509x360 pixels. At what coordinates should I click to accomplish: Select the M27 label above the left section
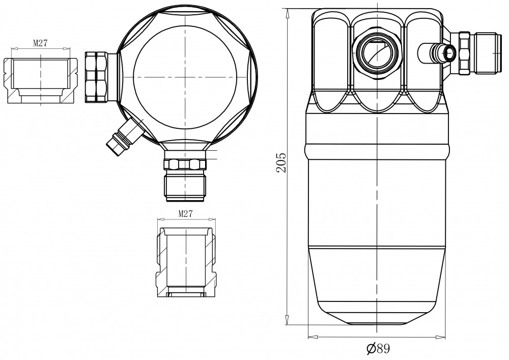point(40,43)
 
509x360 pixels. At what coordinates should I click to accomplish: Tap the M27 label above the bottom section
point(186,213)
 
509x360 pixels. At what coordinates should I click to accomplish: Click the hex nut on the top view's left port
point(96,77)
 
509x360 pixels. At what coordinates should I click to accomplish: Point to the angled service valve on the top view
point(125,135)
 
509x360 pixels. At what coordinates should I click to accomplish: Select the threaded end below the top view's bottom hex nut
point(185,187)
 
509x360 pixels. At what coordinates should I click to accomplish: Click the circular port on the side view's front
point(377,53)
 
